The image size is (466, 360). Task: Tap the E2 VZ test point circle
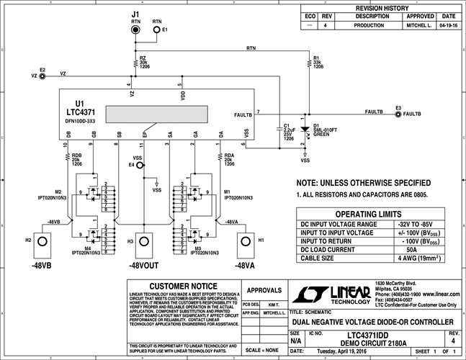pyautogui.click(x=43, y=76)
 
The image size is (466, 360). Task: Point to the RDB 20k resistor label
pyautogui.click(x=76, y=159)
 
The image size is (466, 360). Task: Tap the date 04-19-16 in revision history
pyautogui.click(x=448, y=24)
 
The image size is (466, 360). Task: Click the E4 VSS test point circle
pyautogui.click(x=141, y=165)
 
